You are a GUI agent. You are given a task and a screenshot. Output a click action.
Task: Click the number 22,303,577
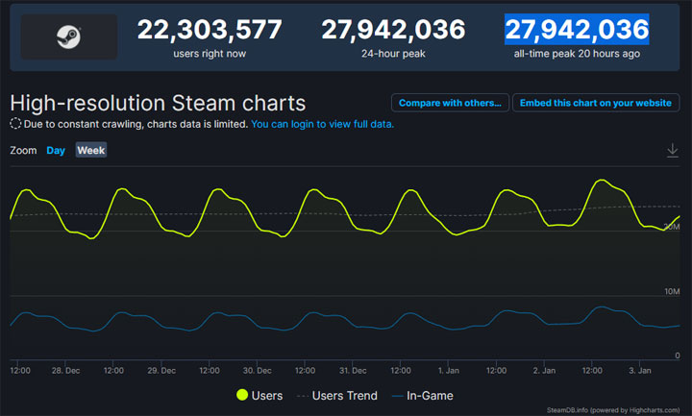click(210, 30)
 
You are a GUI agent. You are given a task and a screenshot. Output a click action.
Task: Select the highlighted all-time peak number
click(577, 30)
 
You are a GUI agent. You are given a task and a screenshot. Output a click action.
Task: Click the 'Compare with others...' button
click(449, 103)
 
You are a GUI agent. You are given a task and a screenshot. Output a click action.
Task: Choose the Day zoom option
click(56, 150)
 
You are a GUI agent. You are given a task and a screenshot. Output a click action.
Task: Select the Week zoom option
click(91, 150)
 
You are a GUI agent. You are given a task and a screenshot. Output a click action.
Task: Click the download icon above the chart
click(673, 150)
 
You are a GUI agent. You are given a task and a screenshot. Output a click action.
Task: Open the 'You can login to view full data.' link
click(322, 124)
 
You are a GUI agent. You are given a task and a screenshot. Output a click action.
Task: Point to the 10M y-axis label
click(671, 290)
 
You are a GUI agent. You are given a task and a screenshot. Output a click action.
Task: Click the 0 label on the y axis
click(677, 355)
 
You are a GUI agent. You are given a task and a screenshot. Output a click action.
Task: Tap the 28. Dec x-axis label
click(66, 370)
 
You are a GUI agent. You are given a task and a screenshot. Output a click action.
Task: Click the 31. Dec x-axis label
click(352, 370)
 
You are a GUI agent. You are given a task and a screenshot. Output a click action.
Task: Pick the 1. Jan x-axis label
click(448, 370)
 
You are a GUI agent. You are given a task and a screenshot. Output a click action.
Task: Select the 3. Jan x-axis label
click(639, 370)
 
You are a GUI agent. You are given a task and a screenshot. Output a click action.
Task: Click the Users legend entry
click(259, 395)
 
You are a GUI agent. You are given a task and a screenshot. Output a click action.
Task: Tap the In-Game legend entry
click(423, 395)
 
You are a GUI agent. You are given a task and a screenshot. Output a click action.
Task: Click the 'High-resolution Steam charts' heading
click(158, 102)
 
